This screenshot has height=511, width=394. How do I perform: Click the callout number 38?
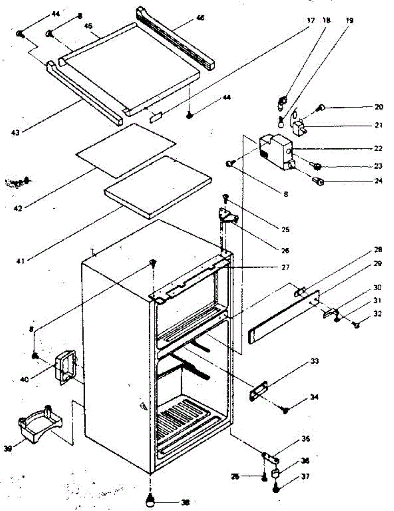tap(185, 502)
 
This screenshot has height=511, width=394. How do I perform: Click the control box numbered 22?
tap(276, 151)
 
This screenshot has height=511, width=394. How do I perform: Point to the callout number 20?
tap(379, 107)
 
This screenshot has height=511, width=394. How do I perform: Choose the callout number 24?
tap(379, 181)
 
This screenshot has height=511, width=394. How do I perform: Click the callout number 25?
tap(285, 230)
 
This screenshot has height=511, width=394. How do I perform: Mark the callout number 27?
tap(285, 267)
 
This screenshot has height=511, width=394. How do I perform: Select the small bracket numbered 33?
tap(259, 390)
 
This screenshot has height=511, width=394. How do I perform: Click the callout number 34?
tap(314, 397)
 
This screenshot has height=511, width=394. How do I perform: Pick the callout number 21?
tap(379, 125)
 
